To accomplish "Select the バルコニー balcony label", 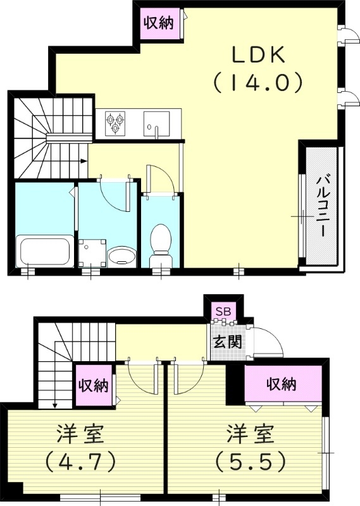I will (321, 206).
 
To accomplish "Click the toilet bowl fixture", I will (161, 243).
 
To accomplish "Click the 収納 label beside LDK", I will (158, 24).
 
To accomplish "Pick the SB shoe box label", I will (223, 311).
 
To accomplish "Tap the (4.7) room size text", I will (80, 462).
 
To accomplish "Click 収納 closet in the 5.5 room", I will (281, 384).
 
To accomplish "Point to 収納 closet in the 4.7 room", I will (92, 385).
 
